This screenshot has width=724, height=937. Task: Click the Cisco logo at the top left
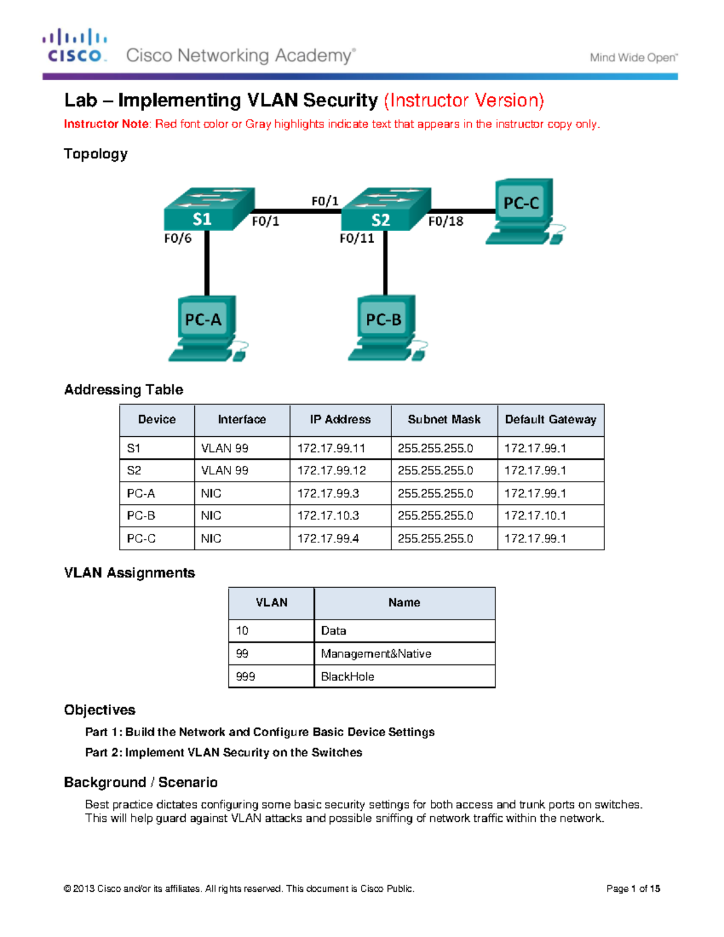pos(75,46)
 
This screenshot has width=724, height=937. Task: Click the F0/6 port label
pos(177,238)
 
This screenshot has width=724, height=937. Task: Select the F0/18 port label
pos(446,221)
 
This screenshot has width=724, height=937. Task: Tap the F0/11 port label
pos(357,238)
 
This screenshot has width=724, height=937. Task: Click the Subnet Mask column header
pos(444,419)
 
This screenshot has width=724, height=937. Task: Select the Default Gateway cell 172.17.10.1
pos(535,516)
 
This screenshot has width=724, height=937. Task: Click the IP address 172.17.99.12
pos(331,471)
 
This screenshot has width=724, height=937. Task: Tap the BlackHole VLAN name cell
pos(348,676)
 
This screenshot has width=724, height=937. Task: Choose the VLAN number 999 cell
pos(246,676)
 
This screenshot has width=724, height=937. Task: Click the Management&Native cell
pos(376,653)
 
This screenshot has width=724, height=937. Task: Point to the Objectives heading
pos(100,710)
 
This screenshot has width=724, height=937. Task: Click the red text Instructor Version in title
pos(464,100)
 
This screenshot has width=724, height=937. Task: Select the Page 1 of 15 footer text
pos(633,888)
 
